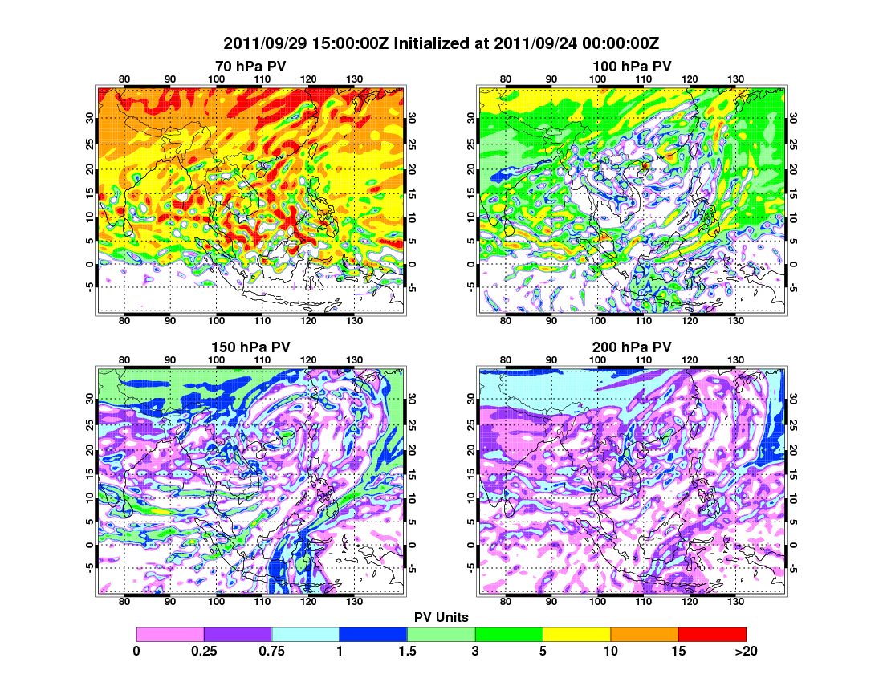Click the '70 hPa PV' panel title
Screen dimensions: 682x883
[250, 66]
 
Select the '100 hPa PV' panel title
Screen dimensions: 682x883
[632, 66]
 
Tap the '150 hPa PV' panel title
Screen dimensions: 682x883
[250, 347]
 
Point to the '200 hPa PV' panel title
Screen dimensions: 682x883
[632, 347]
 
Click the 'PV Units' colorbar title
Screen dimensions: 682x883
[441, 616]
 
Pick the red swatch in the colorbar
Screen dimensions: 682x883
[712, 634]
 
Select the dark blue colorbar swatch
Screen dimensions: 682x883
[373, 634]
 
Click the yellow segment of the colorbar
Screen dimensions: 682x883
[576, 634]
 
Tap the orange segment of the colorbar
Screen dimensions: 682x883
[645, 634]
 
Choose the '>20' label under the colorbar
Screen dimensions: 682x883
[746, 652]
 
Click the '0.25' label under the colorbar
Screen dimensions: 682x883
[204, 652]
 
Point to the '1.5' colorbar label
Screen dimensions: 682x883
[407, 652]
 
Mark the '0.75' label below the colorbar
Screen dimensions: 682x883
[272, 652]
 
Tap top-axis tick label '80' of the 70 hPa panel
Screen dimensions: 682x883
[124, 79]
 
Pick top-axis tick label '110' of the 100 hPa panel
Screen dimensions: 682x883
[643, 79]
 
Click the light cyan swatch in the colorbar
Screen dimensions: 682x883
[306, 634]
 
